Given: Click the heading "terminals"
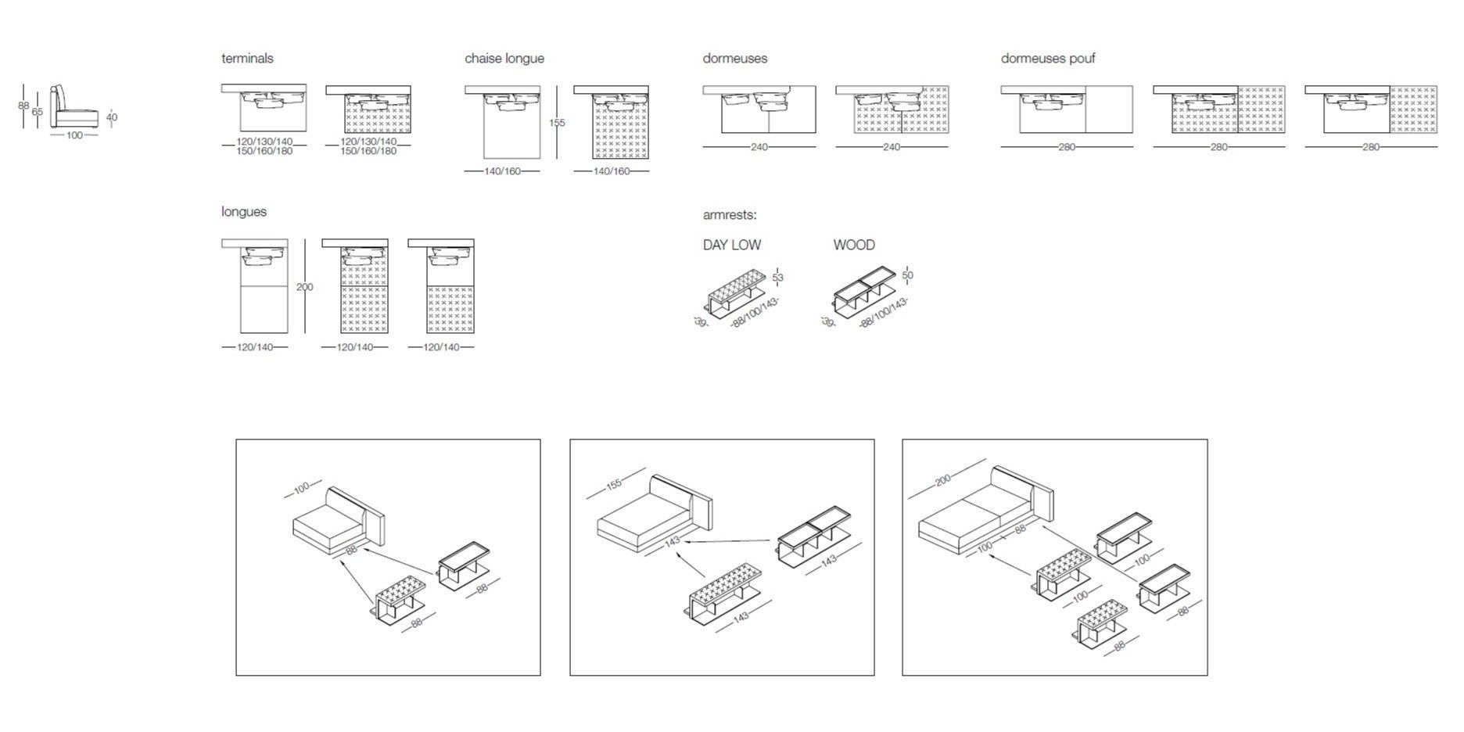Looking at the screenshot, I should (247, 59).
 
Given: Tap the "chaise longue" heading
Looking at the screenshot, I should (504, 59).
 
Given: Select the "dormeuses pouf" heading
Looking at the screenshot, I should (1047, 59).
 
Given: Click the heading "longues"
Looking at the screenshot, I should (243, 212).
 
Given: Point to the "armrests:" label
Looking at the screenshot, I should (729, 215).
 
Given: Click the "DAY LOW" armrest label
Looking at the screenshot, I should (731, 245).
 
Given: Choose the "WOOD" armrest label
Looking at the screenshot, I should (853, 245).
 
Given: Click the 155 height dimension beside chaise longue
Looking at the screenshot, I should (556, 123).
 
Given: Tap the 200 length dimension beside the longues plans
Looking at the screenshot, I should (304, 287).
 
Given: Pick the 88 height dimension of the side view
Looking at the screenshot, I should (23, 106).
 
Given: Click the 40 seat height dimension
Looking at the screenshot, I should (111, 117).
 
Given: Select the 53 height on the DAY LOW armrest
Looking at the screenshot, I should (777, 278).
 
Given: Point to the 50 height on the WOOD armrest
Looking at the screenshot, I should (907, 275).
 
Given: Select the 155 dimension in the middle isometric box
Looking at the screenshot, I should (614, 484).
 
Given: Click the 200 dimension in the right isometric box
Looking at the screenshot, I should (942, 479).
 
